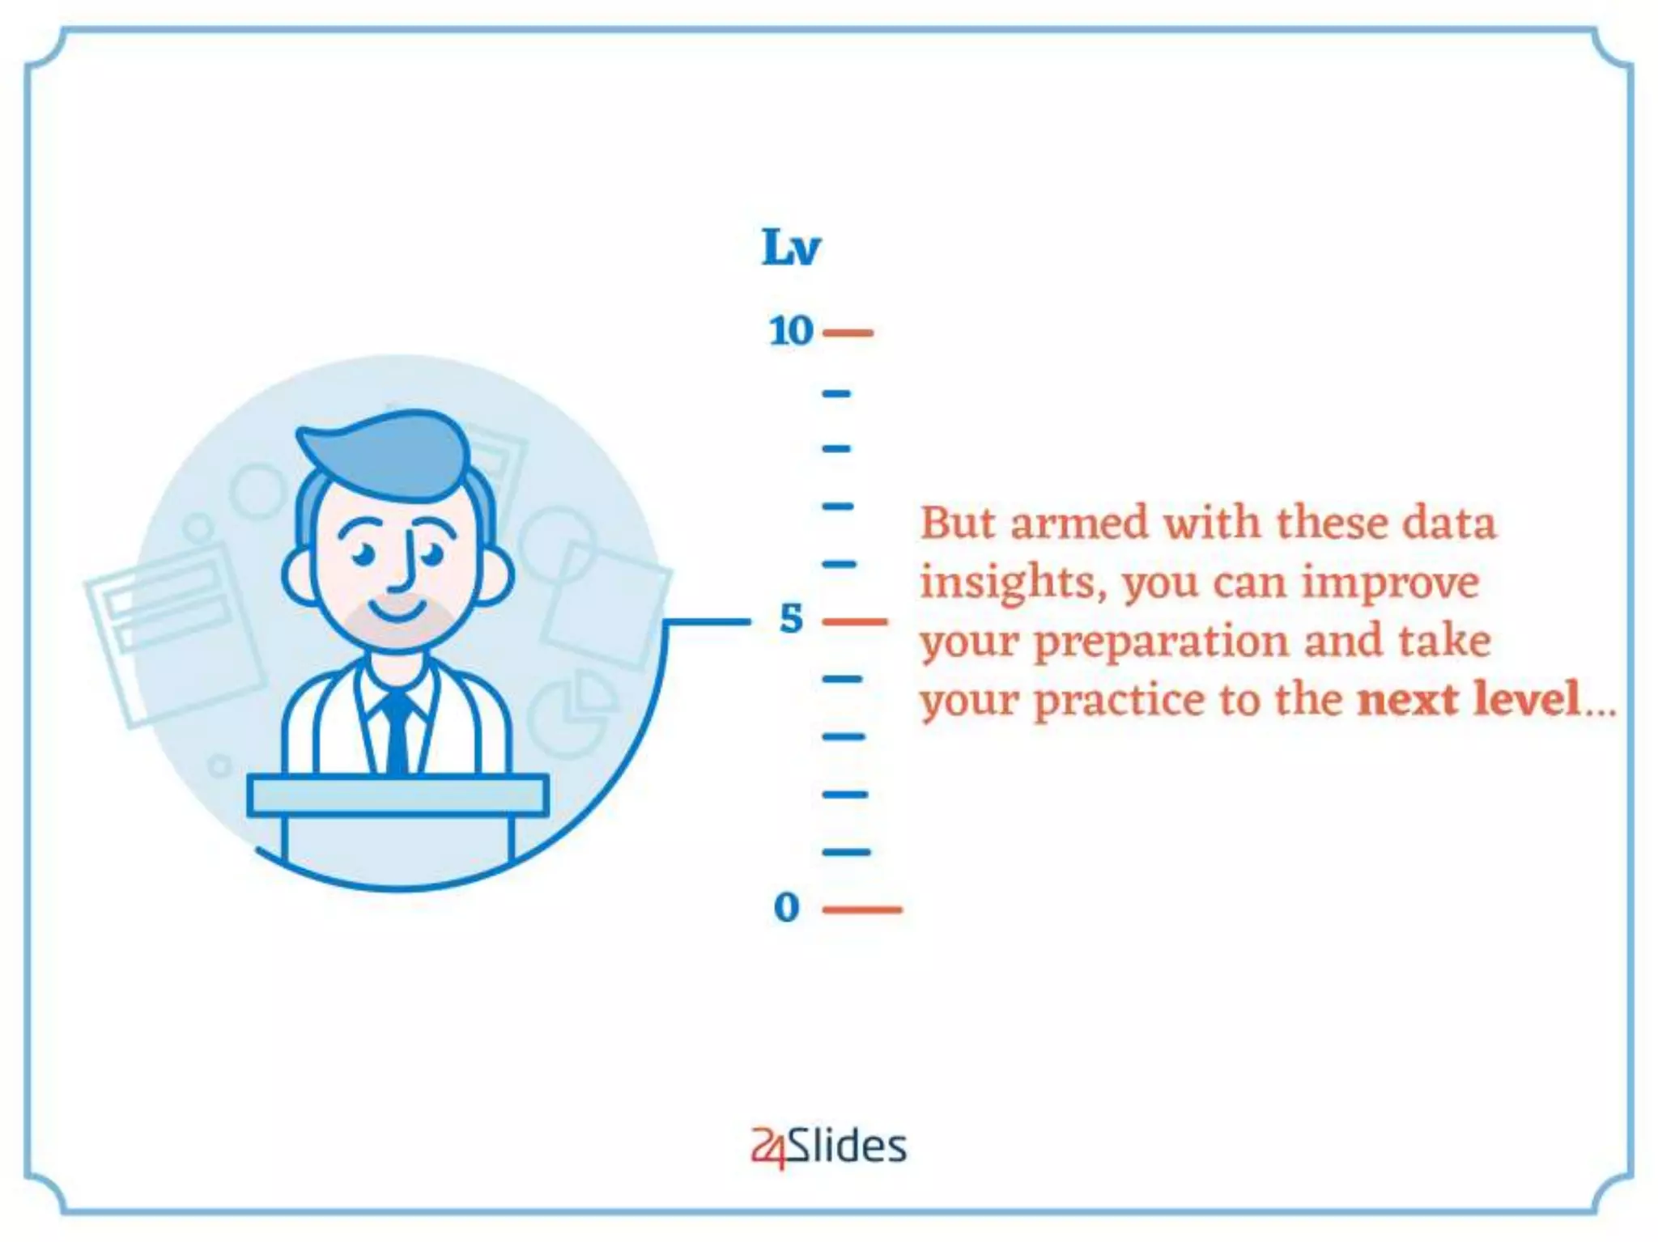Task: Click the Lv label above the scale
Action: [x=791, y=248]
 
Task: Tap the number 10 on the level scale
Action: [x=791, y=332]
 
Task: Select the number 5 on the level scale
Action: [x=791, y=620]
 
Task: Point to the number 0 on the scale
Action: [x=787, y=908]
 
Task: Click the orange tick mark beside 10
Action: [x=848, y=333]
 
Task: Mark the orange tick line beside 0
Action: [x=861, y=909]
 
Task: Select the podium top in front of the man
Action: [x=397, y=795]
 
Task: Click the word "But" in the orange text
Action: [x=958, y=524]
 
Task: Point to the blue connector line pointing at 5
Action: [x=707, y=621]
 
